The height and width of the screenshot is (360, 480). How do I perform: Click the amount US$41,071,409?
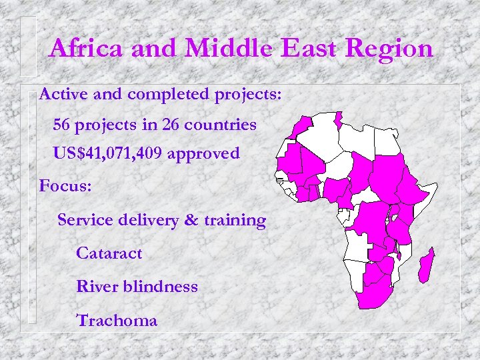(x=108, y=154)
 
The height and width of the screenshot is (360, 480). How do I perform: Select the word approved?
(x=203, y=154)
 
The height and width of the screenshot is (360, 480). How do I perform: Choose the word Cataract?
(x=109, y=253)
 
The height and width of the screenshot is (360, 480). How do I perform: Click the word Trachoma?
(x=117, y=320)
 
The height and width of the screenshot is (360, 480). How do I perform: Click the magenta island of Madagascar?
(x=426, y=265)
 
